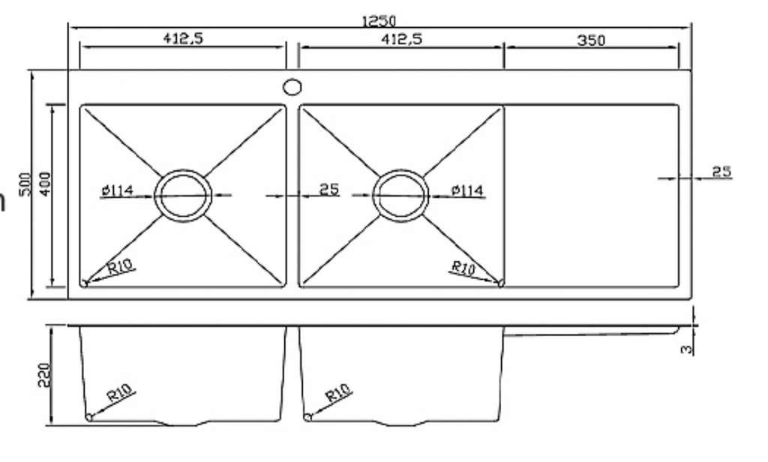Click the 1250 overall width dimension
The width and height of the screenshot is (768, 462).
[x=379, y=21]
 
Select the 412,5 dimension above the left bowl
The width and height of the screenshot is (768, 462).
[x=184, y=40]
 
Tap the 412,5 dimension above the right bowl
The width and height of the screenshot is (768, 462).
[x=402, y=40]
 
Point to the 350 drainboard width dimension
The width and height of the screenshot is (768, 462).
[x=591, y=40]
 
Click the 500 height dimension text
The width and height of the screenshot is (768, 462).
[x=25, y=184]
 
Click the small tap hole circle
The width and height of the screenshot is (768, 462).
[x=292, y=87]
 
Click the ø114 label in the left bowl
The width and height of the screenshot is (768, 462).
[x=117, y=191]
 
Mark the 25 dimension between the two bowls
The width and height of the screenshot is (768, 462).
[x=329, y=190]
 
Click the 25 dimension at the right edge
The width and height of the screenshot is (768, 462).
[x=721, y=172]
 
